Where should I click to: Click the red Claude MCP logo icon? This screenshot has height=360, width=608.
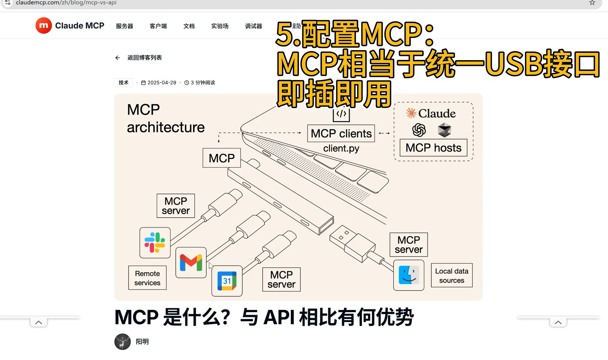(43, 26)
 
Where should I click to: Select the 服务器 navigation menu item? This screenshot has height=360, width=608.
(125, 26)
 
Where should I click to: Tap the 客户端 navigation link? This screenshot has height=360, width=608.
(158, 26)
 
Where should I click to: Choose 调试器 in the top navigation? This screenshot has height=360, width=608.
(253, 26)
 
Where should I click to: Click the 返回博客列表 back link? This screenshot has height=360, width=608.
(144, 58)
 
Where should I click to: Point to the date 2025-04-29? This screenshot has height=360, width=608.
(161, 83)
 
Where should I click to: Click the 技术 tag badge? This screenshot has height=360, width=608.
(123, 83)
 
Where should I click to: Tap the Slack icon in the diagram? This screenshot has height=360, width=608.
(155, 243)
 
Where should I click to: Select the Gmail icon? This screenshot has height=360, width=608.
(191, 263)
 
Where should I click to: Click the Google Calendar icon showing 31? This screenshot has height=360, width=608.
(227, 281)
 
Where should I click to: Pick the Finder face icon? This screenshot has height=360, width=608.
(409, 275)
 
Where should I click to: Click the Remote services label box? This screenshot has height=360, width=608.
(147, 278)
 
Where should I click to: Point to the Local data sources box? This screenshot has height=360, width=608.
(452, 276)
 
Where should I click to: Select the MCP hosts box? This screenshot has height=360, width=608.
(433, 148)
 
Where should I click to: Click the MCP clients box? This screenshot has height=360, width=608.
(341, 134)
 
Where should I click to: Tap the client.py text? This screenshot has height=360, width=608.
(341, 148)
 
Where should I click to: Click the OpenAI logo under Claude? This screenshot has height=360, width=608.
(419, 130)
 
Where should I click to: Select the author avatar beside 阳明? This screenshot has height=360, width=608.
(122, 342)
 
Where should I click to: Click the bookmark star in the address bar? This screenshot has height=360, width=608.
(592, 3)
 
